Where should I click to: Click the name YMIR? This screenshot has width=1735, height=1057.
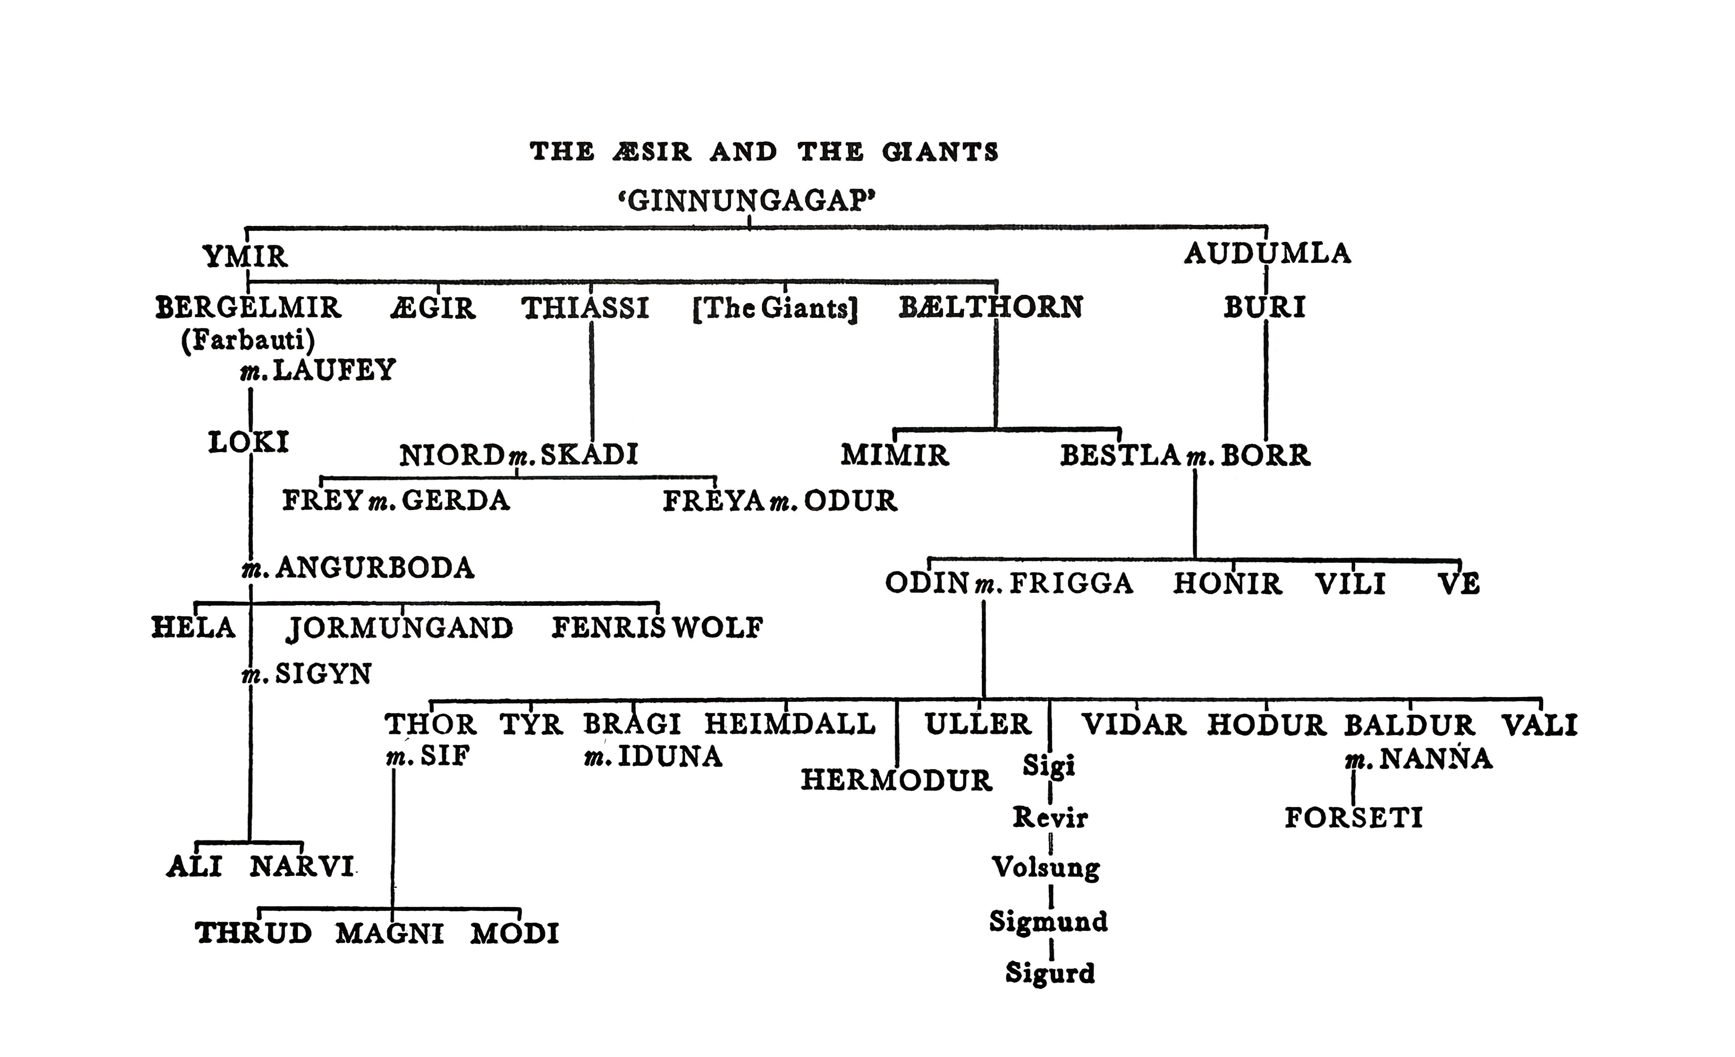245,257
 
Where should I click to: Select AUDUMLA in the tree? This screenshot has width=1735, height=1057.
1267,253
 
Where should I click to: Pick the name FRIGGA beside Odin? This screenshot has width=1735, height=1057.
1072,584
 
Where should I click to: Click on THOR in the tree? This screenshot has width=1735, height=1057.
430,724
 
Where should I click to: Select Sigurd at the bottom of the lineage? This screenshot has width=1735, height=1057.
1050,973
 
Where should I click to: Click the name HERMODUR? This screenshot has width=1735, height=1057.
896,780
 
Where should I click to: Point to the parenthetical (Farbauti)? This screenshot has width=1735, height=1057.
248,341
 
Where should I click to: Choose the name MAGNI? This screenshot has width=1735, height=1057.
390,934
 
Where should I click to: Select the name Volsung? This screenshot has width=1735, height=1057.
1046,867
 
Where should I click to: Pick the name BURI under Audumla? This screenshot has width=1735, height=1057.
1265,308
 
